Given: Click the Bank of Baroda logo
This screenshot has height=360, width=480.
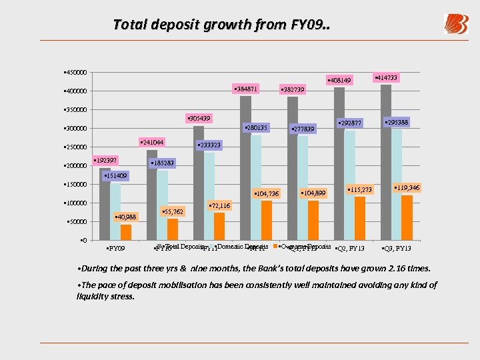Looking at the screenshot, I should (456, 24).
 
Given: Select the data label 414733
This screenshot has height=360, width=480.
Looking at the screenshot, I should (387, 78).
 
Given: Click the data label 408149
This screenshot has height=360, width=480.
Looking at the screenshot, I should (339, 81).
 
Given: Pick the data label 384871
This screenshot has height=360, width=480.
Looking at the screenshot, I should (245, 89).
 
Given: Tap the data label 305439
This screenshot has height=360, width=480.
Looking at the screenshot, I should (199, 118).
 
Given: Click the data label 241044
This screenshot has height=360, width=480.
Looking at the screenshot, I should (151, 142).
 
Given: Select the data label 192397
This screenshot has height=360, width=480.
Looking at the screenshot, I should (105, 161).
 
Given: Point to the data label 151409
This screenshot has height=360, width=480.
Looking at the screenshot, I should (115, 176).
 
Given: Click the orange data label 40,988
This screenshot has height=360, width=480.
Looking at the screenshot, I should (125, 217).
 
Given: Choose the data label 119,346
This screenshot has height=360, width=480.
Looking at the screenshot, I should (407, 188).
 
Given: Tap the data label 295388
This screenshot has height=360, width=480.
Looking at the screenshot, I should (397, 122).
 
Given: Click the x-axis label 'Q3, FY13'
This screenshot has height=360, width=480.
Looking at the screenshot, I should (397, 249).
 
